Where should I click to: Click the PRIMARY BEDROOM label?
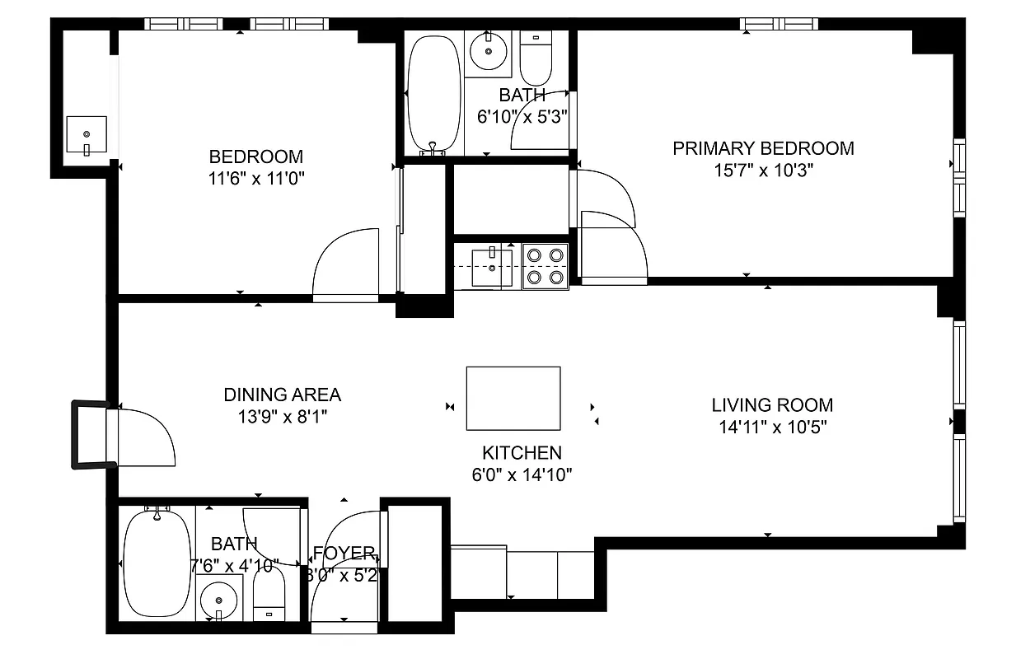coord(763,148)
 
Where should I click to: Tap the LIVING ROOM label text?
coord(772,405)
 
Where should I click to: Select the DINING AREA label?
coord(282,395)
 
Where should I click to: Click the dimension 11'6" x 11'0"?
coord(255,179)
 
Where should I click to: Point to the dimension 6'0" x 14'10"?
coord(522,474)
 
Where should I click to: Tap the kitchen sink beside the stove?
coord(491,267)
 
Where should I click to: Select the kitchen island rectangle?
coord(513,399)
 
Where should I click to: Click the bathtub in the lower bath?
coord(156,563)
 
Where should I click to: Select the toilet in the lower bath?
coord(269,596)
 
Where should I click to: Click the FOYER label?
coord(344,553)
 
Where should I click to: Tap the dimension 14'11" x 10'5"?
coord(772,428)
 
